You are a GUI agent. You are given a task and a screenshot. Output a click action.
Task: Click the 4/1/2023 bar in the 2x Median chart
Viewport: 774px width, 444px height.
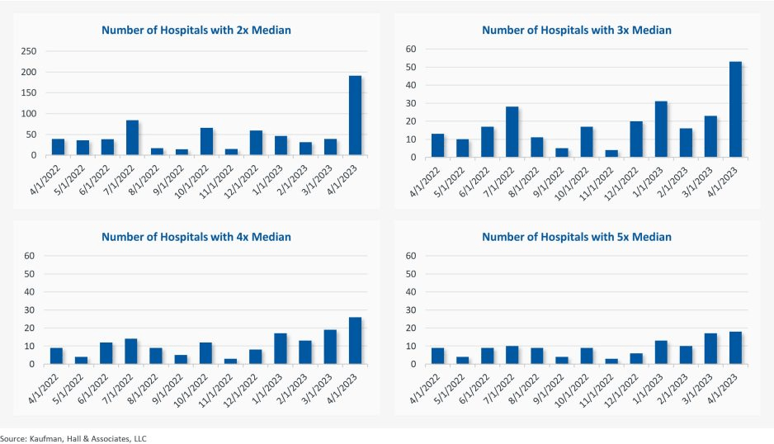pos(355,116)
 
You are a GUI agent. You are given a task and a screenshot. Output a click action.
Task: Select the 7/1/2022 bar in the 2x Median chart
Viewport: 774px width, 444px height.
pos(132,138)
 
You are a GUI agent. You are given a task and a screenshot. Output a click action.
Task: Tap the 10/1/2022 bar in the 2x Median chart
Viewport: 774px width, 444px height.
pos(206,142)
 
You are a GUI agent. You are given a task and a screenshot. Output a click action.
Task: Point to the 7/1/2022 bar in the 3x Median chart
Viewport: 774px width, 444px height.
pos(512,132)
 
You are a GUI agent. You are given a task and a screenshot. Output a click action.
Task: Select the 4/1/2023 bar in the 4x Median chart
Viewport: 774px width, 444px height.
pos(355,341)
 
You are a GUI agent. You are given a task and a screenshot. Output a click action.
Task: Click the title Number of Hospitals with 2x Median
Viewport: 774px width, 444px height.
pos(196,30)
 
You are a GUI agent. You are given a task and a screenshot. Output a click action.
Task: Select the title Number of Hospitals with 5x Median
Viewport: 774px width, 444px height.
pos(576,237)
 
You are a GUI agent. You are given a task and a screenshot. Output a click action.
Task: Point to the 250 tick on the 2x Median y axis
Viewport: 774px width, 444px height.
pos(29,51)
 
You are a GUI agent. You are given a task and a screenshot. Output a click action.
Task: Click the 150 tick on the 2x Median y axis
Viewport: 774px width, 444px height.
pos(29,93)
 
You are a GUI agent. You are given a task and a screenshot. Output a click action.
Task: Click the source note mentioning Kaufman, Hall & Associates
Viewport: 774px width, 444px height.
pos(68,438)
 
